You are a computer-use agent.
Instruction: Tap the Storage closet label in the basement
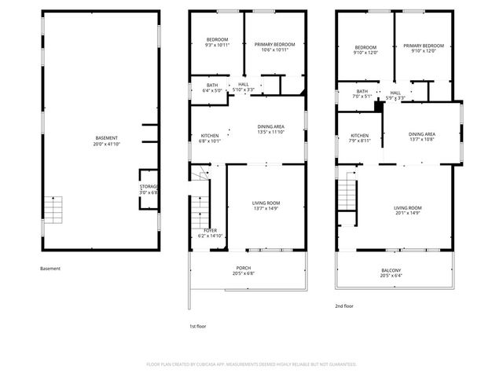(149, 189)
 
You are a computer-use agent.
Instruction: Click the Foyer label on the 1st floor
(199, 233)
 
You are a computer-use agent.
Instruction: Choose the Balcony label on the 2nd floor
(391, 273)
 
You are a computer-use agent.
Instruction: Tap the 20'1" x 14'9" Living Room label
(408, 210)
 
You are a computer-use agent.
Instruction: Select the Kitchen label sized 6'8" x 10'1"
(209, 138)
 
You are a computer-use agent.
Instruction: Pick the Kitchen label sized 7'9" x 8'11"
(359, 138)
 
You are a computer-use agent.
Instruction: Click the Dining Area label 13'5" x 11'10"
(271, 130)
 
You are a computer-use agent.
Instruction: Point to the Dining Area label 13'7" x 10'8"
(421, 137)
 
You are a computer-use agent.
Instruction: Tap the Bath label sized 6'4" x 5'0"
(212, 88)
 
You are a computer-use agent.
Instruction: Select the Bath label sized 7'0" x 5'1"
(362, 94)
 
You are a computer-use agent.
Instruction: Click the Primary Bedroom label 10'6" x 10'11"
(274, 46)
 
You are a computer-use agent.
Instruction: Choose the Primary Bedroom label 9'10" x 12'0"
(424, 49)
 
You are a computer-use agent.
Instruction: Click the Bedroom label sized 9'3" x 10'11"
(217, 42)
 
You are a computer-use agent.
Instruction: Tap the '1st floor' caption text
(197, 326)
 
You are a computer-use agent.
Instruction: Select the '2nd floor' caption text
(344, 306)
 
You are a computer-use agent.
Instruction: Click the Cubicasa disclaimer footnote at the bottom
(251, 364)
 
